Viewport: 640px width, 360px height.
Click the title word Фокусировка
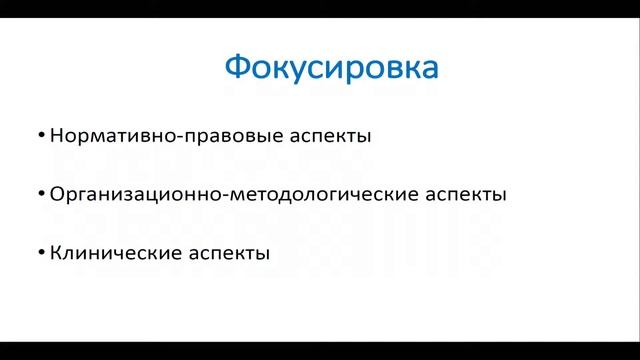pos(331,70)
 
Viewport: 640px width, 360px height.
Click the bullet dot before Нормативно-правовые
pos(39,133)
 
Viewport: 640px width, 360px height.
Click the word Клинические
pos(110,253)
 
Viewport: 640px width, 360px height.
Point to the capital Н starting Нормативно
pos(55,135)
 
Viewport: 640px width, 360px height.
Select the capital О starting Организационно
pos(56,194)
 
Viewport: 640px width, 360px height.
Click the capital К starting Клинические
pos(54,253)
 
